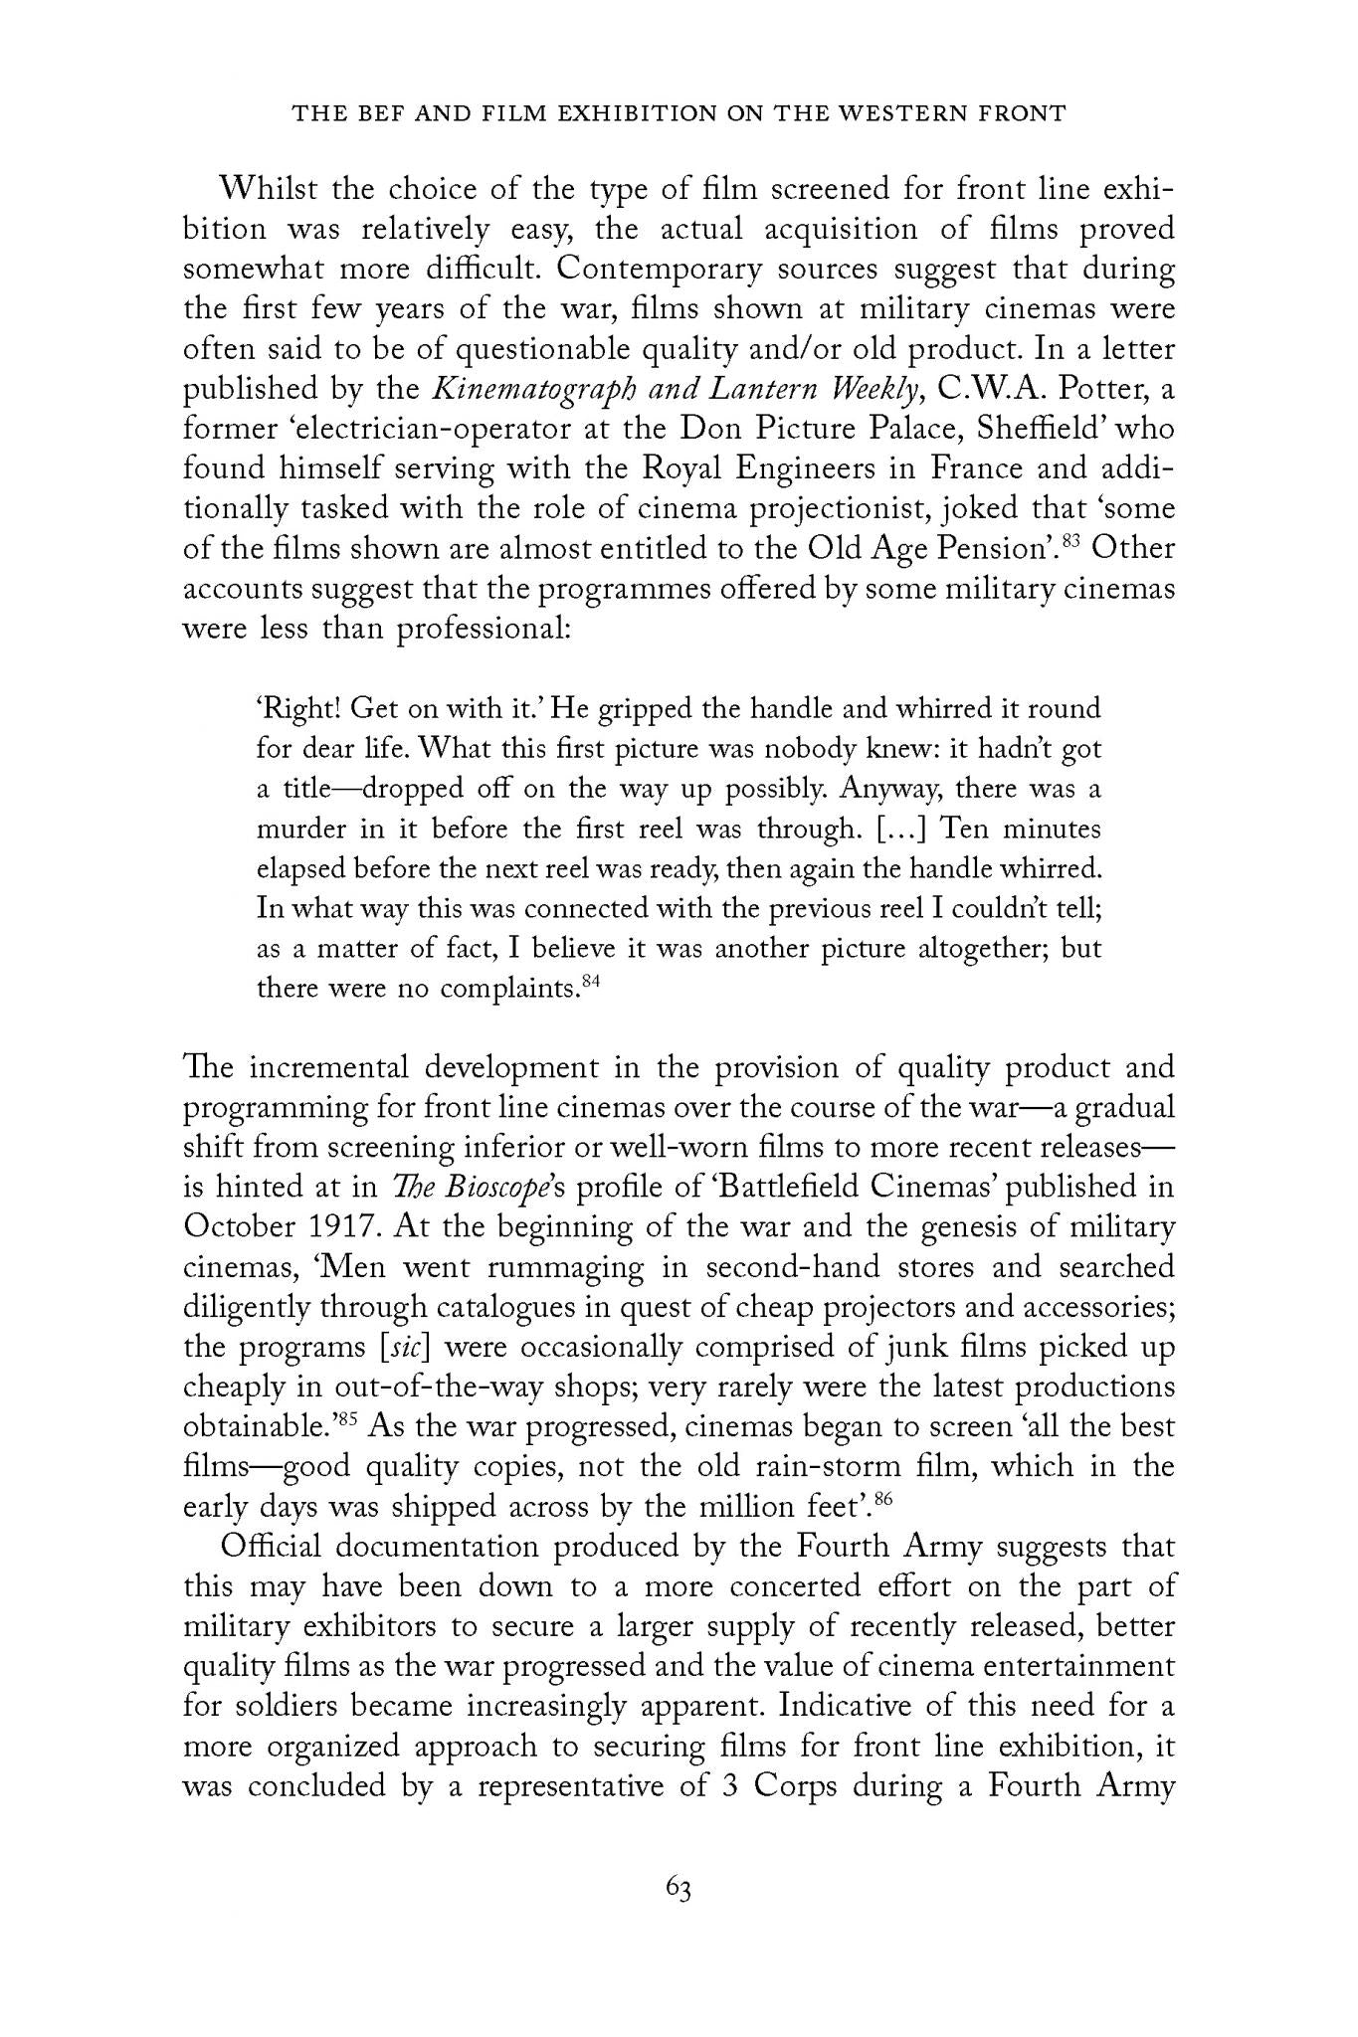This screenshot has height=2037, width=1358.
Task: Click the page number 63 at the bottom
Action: (679, 1890)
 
